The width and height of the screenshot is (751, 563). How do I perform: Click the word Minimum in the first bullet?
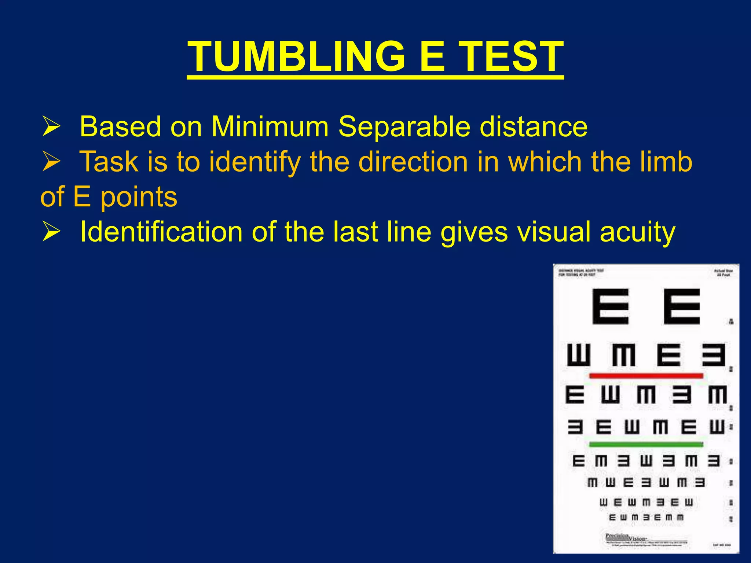tap(270, 127)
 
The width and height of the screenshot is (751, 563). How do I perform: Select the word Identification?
tap(161, 232)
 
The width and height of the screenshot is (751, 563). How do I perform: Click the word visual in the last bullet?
tap(554, 232)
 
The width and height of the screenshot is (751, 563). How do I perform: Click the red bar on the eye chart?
tap(646, 376)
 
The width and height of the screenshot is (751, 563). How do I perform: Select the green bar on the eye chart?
tap(646, 444)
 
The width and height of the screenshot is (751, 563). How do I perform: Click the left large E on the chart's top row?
tap(611, 306)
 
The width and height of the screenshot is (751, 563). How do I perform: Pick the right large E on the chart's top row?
tap(682, 306)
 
